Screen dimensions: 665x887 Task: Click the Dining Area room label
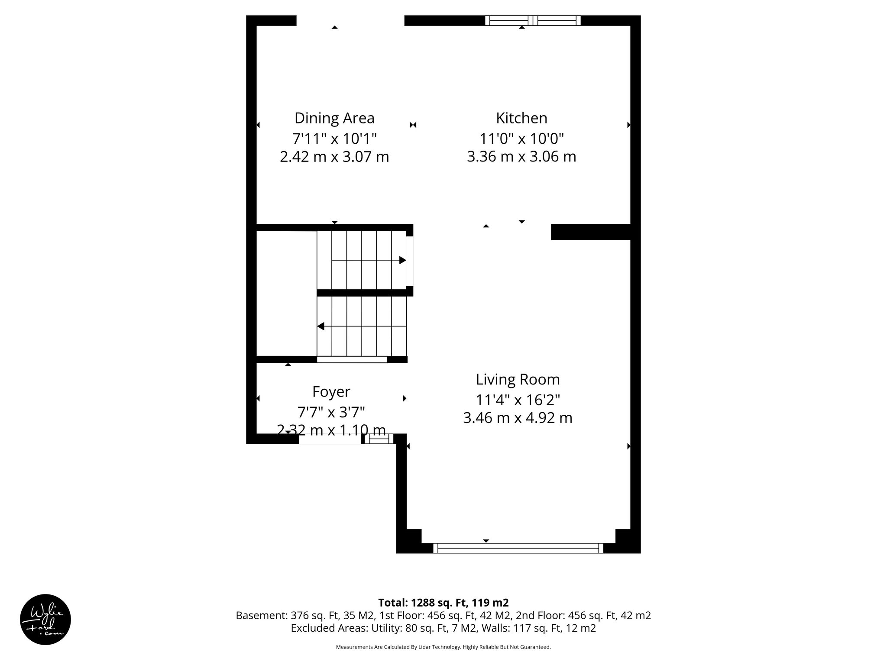(334, 118)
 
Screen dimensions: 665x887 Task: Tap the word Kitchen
(521, 118)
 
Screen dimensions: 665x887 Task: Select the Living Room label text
(518, 380)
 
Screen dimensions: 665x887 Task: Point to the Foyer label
(331, 392)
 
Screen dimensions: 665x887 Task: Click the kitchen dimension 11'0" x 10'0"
(521, 139)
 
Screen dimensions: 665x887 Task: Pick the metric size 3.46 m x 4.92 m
(518, 418)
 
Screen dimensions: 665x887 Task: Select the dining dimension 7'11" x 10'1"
(334, 139)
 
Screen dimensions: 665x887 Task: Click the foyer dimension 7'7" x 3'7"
(331, 412)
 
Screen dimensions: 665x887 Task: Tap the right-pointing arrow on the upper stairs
(402, 260)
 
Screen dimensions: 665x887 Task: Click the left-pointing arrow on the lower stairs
(321, 326)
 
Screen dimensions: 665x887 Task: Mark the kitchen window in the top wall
(533, 20)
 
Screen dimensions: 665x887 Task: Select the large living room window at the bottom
(518, 548)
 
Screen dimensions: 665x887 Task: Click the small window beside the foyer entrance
(379, 439)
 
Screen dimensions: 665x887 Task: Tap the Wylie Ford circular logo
(45, 620)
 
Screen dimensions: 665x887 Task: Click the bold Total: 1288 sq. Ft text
(443, 603)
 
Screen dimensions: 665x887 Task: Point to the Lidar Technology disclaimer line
(443, 647)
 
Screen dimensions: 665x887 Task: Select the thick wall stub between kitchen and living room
(590, 232)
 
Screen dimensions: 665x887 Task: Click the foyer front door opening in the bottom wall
(330, 439)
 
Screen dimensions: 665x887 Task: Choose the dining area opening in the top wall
(350, 20)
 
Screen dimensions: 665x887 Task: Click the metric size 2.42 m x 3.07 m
(334, 157)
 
